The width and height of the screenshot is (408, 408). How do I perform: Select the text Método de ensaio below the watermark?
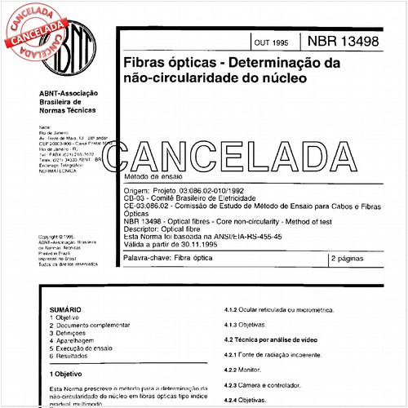[149, 176]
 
